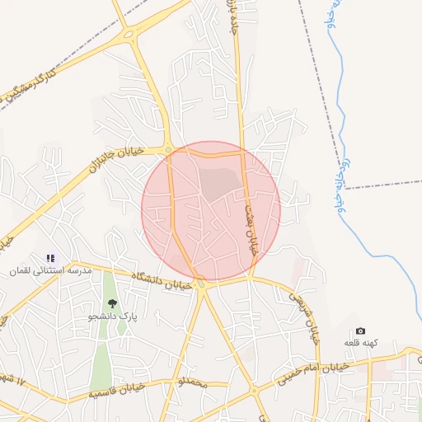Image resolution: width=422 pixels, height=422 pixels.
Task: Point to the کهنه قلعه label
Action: pyautogui.click(x=360, y=342)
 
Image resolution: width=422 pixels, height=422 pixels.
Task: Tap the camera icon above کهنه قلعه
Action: pyautogui.click(x=360, y=331)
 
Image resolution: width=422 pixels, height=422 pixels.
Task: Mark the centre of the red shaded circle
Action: pyautogui.click(x=211, y=211)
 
